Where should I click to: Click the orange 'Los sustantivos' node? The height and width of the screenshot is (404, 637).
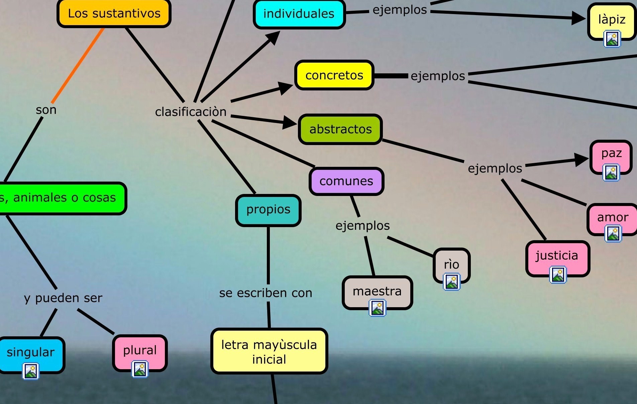pos(114,13)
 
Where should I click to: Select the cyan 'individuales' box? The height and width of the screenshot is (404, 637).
pos(299,14)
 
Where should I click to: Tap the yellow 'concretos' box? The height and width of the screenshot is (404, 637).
pos(334,75)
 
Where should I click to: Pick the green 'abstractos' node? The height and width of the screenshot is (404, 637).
pos(340,129)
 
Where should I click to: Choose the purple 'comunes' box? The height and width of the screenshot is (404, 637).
pos(346,181)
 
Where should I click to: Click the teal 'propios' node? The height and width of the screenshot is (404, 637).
pos(268,210)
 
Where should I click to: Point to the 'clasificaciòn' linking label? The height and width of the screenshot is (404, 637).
pos(191,112)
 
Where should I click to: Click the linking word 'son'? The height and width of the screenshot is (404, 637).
pos(46,110)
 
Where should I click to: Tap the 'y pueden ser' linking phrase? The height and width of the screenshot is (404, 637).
pos(63,298)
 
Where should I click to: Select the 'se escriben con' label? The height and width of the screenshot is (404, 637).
pos(266,293)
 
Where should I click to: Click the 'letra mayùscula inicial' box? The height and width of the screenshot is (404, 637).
pos(269,352)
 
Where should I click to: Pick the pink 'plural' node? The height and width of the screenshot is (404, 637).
pos(140,350)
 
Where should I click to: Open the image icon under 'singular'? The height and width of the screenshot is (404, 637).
pos(31,371)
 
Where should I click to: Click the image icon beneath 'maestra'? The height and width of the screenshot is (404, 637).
pos(377,308)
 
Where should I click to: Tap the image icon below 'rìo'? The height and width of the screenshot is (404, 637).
pos(451,281)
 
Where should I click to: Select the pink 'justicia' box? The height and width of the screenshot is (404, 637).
pos(557,256)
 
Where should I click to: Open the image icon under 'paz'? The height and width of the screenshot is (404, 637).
pos(611,173)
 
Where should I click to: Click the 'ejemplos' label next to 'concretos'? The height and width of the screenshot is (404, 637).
pos(438,76)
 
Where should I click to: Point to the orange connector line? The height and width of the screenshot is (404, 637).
pos(78,65)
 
